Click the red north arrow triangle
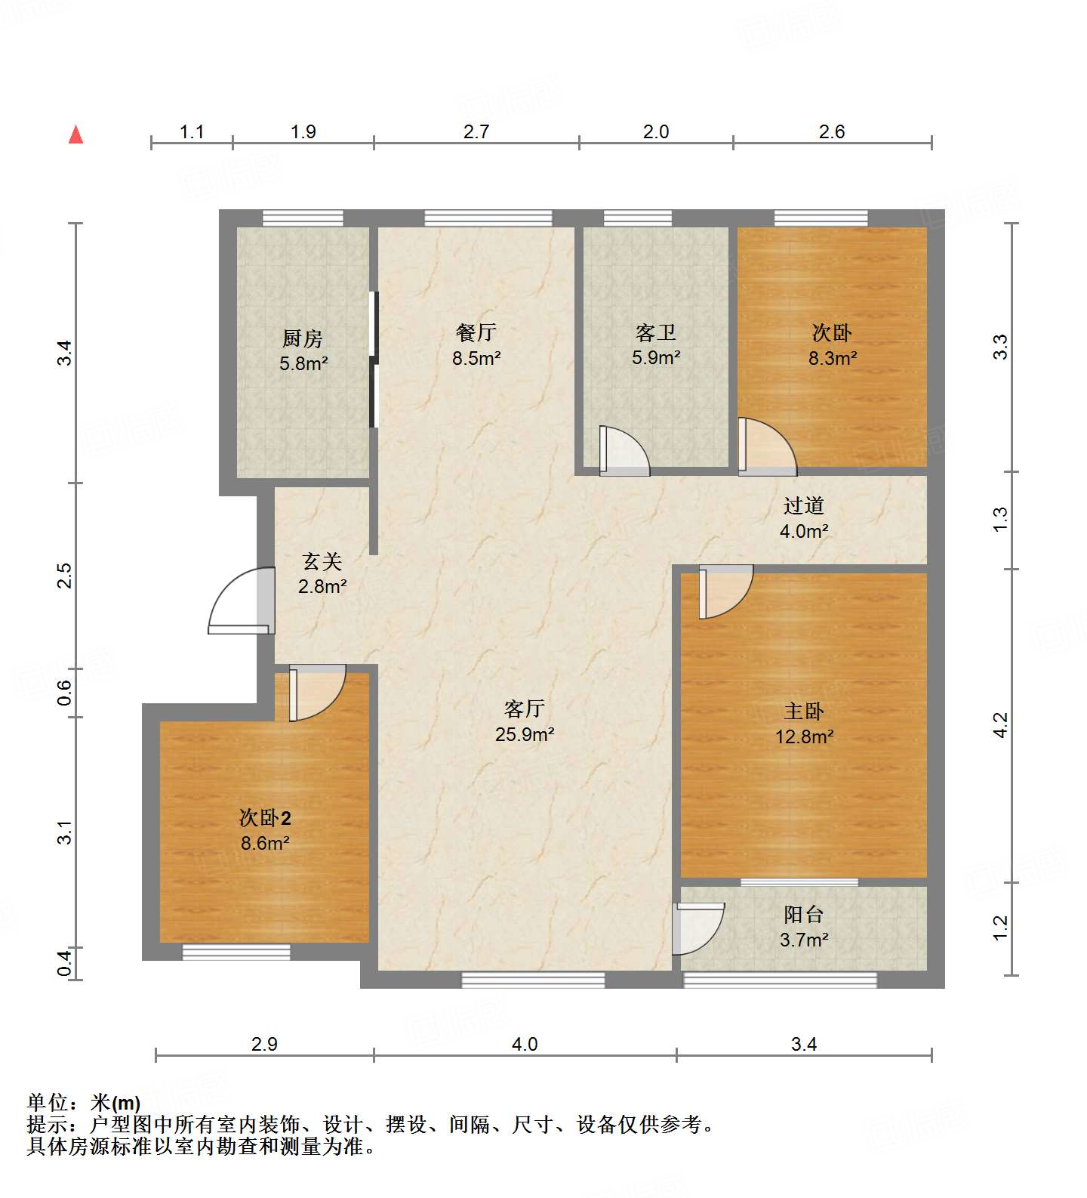(x=75, y=135)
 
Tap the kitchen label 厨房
(x=303, y=338)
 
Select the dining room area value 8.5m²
(x=476, y=358)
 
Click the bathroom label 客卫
(x=655, y=332)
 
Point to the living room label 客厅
(x=525, y=709)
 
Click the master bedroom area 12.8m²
(x=804, y=736)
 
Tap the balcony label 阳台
(x=803, y=915)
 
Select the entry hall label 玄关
(x=322, y=561)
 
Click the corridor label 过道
(x=803, y=505)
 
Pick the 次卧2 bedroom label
(x=265, y=818)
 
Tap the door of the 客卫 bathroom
(x=624, y=451)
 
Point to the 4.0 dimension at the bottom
(x=525, y=1044)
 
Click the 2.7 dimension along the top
(x=476, y=131)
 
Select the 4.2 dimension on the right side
(x=1000, y=725)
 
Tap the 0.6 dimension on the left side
(x=66, y=693)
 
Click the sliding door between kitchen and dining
(x=373, y=360)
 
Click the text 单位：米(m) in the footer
(x=84, y=1103)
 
